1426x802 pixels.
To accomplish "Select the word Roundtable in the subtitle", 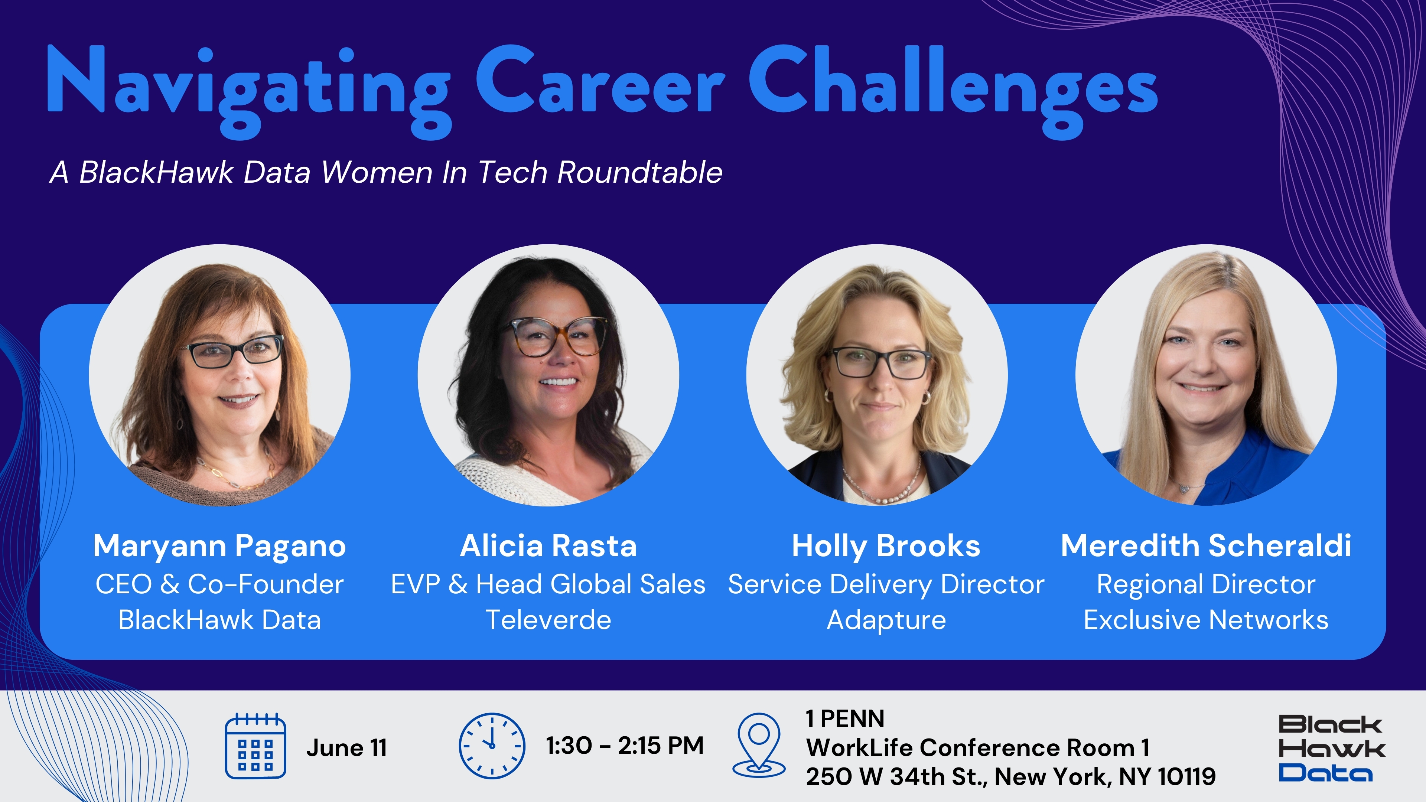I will coord(639,172).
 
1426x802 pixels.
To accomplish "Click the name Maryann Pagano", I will coord(220,546).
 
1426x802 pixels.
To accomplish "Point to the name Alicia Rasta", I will coord(548,546).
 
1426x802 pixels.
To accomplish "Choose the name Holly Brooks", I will coord(886,546).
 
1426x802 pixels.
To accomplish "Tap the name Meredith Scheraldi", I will coord(1206,546).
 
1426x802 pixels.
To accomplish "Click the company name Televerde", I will coord(548,620).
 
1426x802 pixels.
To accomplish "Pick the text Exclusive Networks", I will coord(1206,620).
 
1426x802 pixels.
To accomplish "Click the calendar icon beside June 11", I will coord(255,746).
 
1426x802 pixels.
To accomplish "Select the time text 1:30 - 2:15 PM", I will coord(624,746).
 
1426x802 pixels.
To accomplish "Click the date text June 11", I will coord(346,748).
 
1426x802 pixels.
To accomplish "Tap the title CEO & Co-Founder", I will coord(220,584).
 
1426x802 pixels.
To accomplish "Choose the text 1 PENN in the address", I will coord(845,719).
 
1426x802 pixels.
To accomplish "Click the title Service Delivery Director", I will coord(886,584).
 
